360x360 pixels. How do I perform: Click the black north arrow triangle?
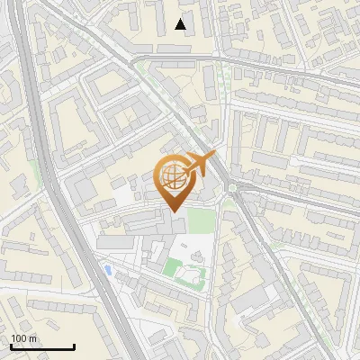[181, 24]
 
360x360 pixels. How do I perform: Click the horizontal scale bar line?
[41, 347]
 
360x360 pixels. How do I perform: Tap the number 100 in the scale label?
[18, 339]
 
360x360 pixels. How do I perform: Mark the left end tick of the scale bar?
[10, 346]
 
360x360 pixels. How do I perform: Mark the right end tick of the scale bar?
[74, 346]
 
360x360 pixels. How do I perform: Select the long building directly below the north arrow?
[181, 45]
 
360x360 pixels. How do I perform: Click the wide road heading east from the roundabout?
[297, 200]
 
